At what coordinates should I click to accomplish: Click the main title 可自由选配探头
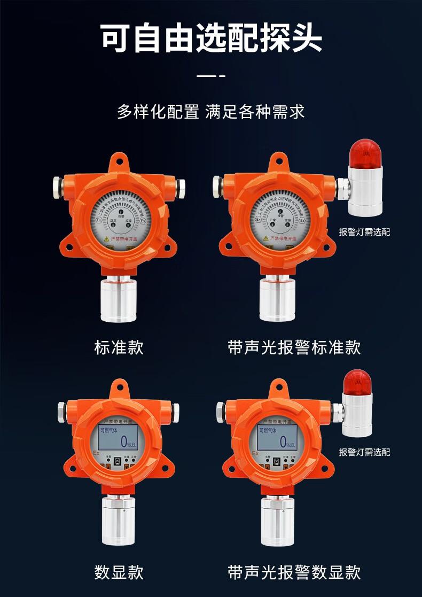211,37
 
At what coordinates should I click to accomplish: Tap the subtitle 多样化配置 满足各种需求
211,113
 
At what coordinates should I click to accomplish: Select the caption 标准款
119,348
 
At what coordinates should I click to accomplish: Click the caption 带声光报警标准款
294,348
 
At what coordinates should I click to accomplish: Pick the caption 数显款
119,572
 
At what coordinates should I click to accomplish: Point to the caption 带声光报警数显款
294,572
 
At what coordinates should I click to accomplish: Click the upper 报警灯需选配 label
364,232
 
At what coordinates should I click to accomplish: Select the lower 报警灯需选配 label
364,452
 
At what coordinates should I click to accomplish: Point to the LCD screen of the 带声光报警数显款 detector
275,437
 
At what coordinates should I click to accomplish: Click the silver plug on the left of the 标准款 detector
58,186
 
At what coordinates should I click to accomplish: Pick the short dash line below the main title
211,76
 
